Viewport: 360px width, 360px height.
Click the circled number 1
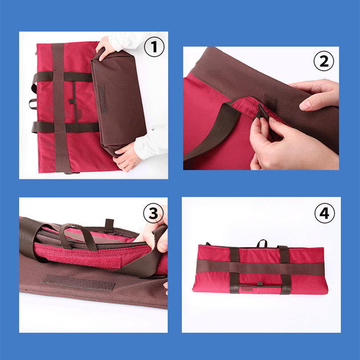tap(154, 47)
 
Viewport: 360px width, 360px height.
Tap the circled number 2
tap(324, 61)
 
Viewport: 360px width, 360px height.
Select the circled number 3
tap(154, 213)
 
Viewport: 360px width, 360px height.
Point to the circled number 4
tap(324, 213)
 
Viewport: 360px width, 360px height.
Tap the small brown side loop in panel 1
tap(33, 104)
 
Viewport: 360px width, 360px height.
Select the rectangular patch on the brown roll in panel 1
tap(103, 99)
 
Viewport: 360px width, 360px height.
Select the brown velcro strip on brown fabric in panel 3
tap(78, 283)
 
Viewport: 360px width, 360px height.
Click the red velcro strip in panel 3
tap(82, 261)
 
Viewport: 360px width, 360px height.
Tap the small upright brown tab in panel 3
tap(109, 225)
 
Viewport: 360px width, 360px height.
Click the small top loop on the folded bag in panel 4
tap(262, 243)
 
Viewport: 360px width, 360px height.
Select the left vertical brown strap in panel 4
tap(234, 270)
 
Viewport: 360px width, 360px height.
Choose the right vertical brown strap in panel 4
tap(285, 270)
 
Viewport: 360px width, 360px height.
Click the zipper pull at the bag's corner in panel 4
tap(208, 244)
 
